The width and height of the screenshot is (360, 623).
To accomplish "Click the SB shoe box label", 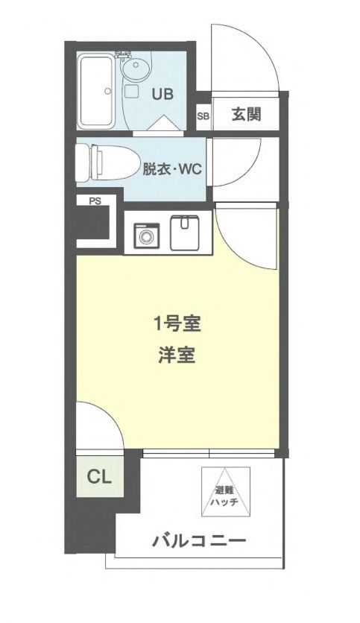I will tap(203, 116).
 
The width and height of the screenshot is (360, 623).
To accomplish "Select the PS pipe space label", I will tap(95, 201).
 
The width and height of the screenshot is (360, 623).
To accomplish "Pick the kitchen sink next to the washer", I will tap(186, 232).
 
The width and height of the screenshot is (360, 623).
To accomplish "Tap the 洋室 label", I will tap(177, 355).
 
